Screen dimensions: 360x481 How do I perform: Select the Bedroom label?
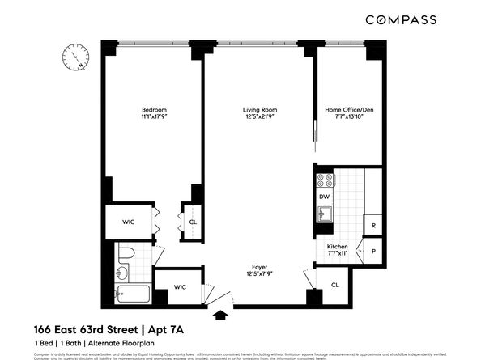tap(154, 109)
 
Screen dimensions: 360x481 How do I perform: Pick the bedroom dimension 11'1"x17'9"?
tap(154, 118)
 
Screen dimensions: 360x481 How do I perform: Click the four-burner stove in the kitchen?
tap(324, 180)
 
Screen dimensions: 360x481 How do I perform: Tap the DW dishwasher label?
tap(324, 197)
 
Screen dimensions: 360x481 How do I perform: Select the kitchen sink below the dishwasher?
tap(324, 214)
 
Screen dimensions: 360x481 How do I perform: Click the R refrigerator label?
tap(373, 226)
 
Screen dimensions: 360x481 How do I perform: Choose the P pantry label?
tap(373, 250)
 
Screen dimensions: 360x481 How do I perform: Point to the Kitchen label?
tap(337, 245)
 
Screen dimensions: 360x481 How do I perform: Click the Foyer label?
tap(260, 265)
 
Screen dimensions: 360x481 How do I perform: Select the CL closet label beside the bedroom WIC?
tap(193, 222)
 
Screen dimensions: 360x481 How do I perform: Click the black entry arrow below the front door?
tap(218, 317)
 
